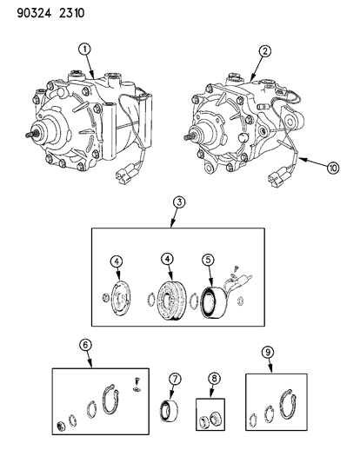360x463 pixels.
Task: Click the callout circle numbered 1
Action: tap(84, 50)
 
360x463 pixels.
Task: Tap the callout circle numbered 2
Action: tap(264, 51)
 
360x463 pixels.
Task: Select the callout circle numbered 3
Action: tap(179, 203)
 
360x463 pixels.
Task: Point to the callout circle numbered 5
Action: tap(208, 260)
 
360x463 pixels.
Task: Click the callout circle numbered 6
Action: tap(85, 345)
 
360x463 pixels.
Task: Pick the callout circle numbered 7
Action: tap(175, 379)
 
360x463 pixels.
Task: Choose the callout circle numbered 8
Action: tap(214, 379)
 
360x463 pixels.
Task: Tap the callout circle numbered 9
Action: tap(268, 352)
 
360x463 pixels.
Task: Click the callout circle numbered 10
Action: tap(333, 169)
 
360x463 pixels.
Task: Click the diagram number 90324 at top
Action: tap(34, 13)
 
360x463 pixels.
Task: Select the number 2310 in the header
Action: tap(71, 13)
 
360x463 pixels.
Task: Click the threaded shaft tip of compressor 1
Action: tap(28, 135)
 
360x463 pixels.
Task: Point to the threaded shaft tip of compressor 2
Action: tap(186, 137)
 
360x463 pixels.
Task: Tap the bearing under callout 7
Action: tap(169, 410)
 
